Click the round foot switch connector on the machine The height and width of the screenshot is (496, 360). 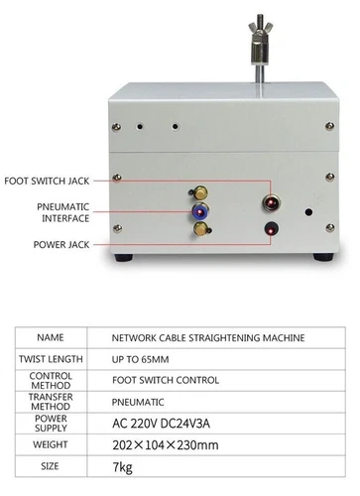[x=269, y=202]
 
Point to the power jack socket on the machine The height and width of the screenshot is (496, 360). [x=268, y=232]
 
